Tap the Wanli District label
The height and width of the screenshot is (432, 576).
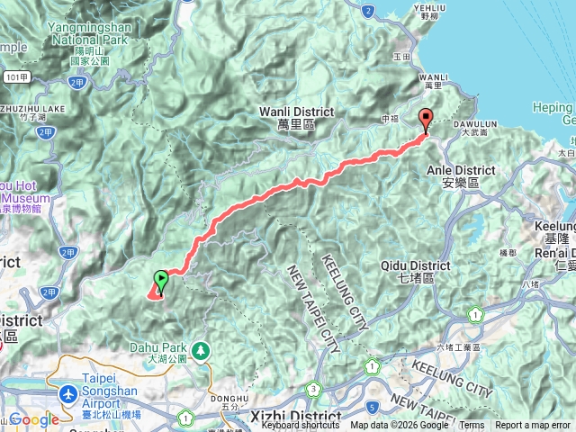point(295,117)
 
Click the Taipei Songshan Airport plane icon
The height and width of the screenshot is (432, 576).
point(68,393)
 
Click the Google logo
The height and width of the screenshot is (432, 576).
point(34,419)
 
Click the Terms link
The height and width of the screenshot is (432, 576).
point(472,425)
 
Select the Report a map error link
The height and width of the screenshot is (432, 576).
point(532,425)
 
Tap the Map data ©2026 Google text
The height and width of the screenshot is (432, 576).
point(400,425)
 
